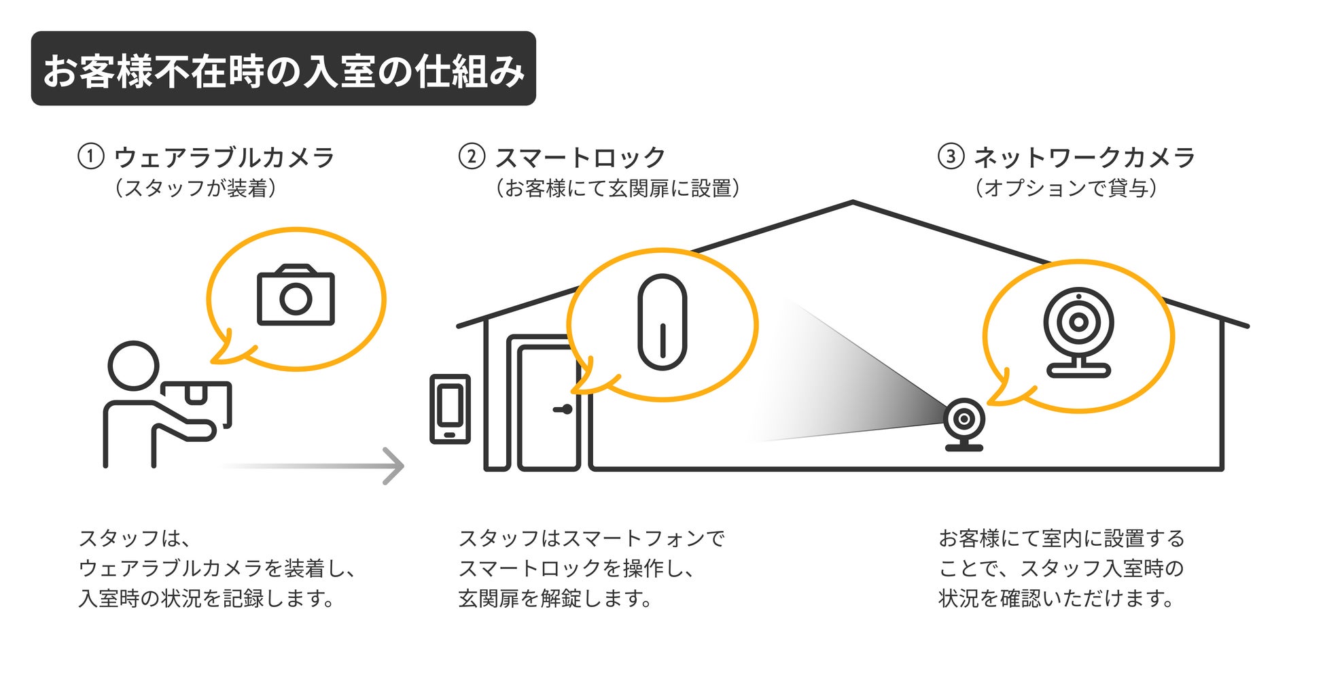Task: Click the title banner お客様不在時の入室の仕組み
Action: coord(283,69)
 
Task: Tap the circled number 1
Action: coord(90,156)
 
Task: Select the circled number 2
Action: coord(472,156)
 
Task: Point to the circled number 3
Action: coord(951,156)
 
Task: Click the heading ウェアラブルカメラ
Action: coord(224,158)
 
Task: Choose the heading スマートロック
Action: coord(580,158)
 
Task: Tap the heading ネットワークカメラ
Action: coord(1084,158)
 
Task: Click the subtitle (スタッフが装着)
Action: coord(196,188)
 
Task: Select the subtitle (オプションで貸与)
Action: coord(1065,188)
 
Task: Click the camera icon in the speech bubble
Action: coord(296,295)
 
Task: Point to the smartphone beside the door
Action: coord(450,409)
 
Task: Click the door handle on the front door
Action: coord(563,409)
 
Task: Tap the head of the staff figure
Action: coord(133,366)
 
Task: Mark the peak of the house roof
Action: coord(853,202)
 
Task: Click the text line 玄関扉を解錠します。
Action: coord(555,598)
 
